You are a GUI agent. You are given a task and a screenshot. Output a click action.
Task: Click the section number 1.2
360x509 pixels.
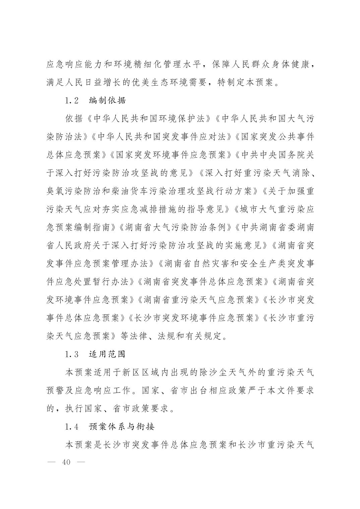71,100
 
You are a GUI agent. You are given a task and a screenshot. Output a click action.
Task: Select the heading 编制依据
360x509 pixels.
107,100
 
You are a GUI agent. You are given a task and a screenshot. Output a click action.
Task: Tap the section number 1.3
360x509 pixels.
71,354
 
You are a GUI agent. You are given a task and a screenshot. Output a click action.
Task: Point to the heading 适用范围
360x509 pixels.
107,354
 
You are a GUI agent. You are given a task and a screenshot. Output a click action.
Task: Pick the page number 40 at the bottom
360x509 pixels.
66,462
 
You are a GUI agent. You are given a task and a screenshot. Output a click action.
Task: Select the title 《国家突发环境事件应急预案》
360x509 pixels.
171,155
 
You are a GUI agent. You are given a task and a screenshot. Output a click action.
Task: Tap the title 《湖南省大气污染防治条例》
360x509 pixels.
176,227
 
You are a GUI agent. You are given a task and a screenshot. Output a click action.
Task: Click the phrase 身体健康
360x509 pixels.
291,64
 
